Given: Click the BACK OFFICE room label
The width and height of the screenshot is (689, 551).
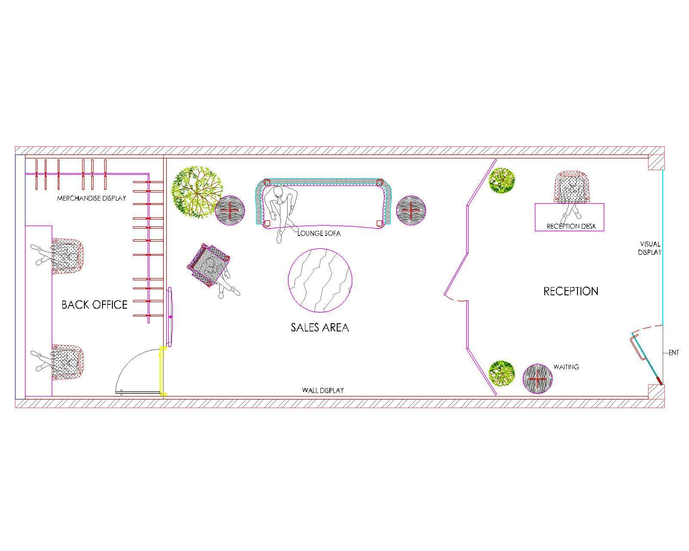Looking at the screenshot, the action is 94,304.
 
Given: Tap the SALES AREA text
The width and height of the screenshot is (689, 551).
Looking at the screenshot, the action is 320,327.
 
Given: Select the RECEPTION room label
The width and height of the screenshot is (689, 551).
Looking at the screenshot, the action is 571,291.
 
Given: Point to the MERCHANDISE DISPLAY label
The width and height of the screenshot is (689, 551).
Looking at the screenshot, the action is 91,198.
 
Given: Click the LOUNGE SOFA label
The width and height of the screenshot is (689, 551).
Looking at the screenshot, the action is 319,233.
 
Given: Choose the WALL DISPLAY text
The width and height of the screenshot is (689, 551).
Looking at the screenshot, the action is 323,390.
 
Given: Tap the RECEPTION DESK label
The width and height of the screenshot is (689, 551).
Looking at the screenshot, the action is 571,226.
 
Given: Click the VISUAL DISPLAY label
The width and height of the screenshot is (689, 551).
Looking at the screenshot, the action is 650,248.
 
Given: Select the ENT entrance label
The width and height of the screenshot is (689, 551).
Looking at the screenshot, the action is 673,353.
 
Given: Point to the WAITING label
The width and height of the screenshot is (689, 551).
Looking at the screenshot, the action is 566,367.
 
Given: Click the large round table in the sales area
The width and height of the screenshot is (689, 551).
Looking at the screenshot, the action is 320,280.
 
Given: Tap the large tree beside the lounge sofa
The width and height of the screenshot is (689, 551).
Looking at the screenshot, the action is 197,192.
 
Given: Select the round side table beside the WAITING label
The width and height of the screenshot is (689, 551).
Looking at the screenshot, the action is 537,379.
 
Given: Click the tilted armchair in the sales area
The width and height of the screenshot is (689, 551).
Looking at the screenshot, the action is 209,266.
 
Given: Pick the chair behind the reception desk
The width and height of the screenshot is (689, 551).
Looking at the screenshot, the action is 572,187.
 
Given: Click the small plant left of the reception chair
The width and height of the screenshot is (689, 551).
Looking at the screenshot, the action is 502,180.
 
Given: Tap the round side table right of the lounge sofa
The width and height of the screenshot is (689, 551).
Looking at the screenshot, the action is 411,210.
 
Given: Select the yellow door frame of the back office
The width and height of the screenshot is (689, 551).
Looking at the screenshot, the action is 163,371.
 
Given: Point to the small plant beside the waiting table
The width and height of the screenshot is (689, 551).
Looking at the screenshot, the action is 502,373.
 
